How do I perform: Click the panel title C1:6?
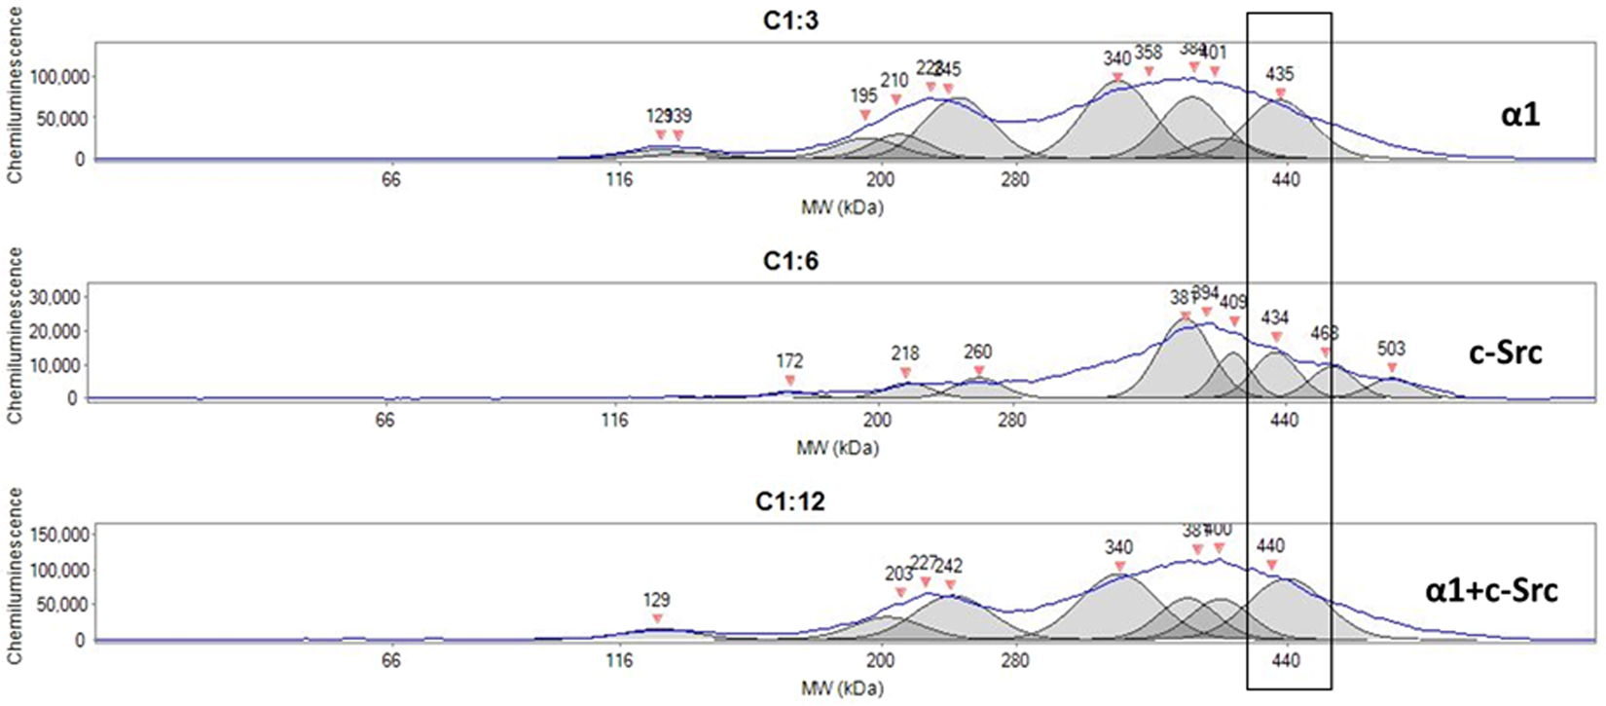click(790, 262)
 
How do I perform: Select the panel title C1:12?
click(790, 503)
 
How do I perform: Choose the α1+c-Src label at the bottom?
click(1490, 591)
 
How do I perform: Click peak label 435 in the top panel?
click(1280, 74)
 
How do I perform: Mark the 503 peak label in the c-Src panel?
click(1392, 349)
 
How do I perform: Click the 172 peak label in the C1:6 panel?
click(789, 361)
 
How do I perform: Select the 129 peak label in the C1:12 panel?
click(657, 600)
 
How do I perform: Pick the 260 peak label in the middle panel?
click(978, 352)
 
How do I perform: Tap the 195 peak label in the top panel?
click(863, 95)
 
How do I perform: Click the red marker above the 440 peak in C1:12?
click(1271, 565)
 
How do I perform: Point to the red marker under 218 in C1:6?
click(905, 373)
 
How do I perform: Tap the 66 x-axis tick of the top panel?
click(391, 180)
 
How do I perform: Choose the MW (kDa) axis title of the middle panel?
click(839, 449)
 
